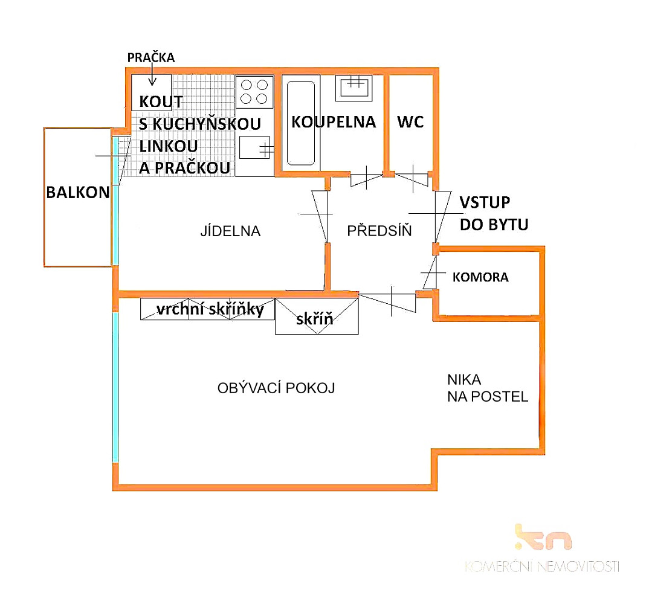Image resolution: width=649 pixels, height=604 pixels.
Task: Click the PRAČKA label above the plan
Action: point(150,58)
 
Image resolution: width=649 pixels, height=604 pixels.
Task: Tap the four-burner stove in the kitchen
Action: point(254,92)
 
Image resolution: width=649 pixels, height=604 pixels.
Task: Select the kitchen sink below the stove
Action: point(254,147)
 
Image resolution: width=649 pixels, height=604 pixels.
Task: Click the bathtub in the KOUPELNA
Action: point(301,123)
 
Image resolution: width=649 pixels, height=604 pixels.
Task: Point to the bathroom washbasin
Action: point(354,88)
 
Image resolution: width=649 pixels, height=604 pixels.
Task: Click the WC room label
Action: point(410,122)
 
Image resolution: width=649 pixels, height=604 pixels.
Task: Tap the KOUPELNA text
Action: point(334,122)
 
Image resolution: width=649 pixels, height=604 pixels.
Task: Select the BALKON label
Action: point(78,192)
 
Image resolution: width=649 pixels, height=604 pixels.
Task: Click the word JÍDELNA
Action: point(230,231)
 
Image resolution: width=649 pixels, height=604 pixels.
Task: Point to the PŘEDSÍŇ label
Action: point(379,230)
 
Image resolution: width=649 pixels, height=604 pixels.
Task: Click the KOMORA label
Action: point(480,277)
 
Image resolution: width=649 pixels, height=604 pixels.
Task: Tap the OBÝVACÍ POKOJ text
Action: point(276,388)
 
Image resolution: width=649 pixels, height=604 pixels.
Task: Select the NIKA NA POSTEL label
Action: point(488,388)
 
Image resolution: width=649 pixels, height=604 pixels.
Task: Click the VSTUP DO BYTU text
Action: point(494,213)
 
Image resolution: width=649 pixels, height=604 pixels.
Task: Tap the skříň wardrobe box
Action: point(317,316)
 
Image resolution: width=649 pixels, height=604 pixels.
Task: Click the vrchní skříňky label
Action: point(210,309)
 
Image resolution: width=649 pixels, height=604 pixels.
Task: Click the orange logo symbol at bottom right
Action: point(543,537)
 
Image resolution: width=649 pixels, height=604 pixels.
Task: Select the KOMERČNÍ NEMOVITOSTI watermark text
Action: point(542,567)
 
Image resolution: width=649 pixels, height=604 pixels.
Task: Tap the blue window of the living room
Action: point(115,387)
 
